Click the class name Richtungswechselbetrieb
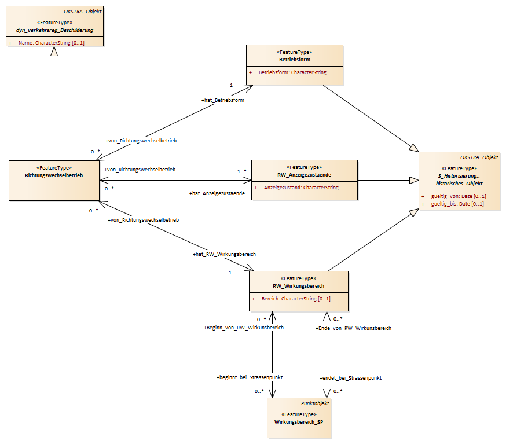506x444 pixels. [x=54, y=175]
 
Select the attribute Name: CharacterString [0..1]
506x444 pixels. [x=52, y=43]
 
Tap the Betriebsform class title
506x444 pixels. [x=295, y=60]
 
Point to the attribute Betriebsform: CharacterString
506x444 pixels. [x=292, y=72]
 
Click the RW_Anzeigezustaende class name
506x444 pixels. [x=305, y=175]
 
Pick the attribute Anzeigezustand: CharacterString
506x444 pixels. [x=301, y=188]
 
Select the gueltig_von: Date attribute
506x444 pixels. [x=459, y=196]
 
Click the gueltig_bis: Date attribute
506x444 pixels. [x=457, y=204]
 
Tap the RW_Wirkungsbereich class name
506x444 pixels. [x=299, y=286]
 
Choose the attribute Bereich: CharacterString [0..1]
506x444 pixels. [x=296, y=299]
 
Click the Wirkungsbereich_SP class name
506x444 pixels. [x=299, y=422]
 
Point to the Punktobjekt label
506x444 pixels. [x=315, y=403]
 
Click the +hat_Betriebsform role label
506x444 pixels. [x=223, y=100]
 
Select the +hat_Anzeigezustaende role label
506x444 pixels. [x=217, y=193]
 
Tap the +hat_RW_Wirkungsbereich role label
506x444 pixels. [x=224, y=254]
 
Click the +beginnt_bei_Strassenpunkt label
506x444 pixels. [x=250, y=377]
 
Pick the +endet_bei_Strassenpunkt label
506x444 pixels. [x=350, y=378]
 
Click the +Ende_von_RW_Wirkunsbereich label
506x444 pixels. [x=353, y=328]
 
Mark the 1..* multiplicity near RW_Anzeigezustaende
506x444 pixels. [x=241, y=171]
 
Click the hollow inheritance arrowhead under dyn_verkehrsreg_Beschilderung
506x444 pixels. [x=54, y=51]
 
